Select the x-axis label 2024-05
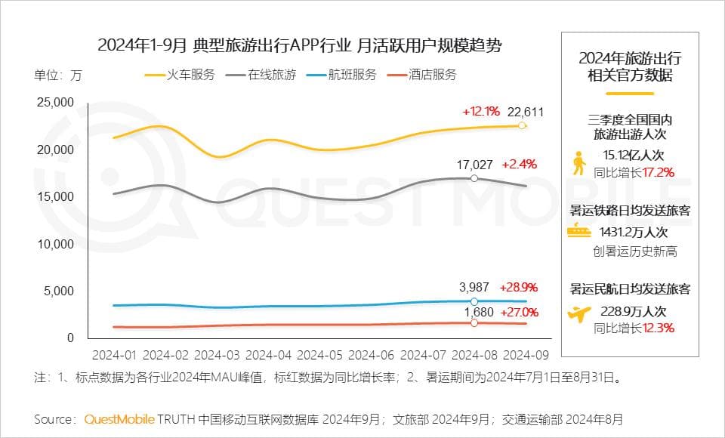(322, 353)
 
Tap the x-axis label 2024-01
(114, 353)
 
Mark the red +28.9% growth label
(519, 288)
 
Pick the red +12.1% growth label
(481, 113)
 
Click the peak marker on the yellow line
(522, 125)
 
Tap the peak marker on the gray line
(474, 178)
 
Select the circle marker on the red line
(474, 322)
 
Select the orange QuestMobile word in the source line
(119, 418)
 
